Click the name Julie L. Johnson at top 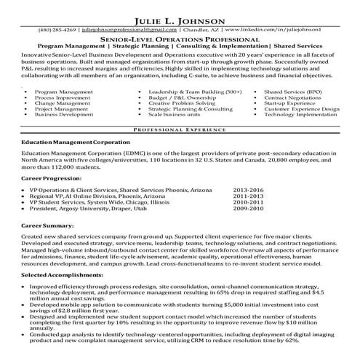click(180, 9)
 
